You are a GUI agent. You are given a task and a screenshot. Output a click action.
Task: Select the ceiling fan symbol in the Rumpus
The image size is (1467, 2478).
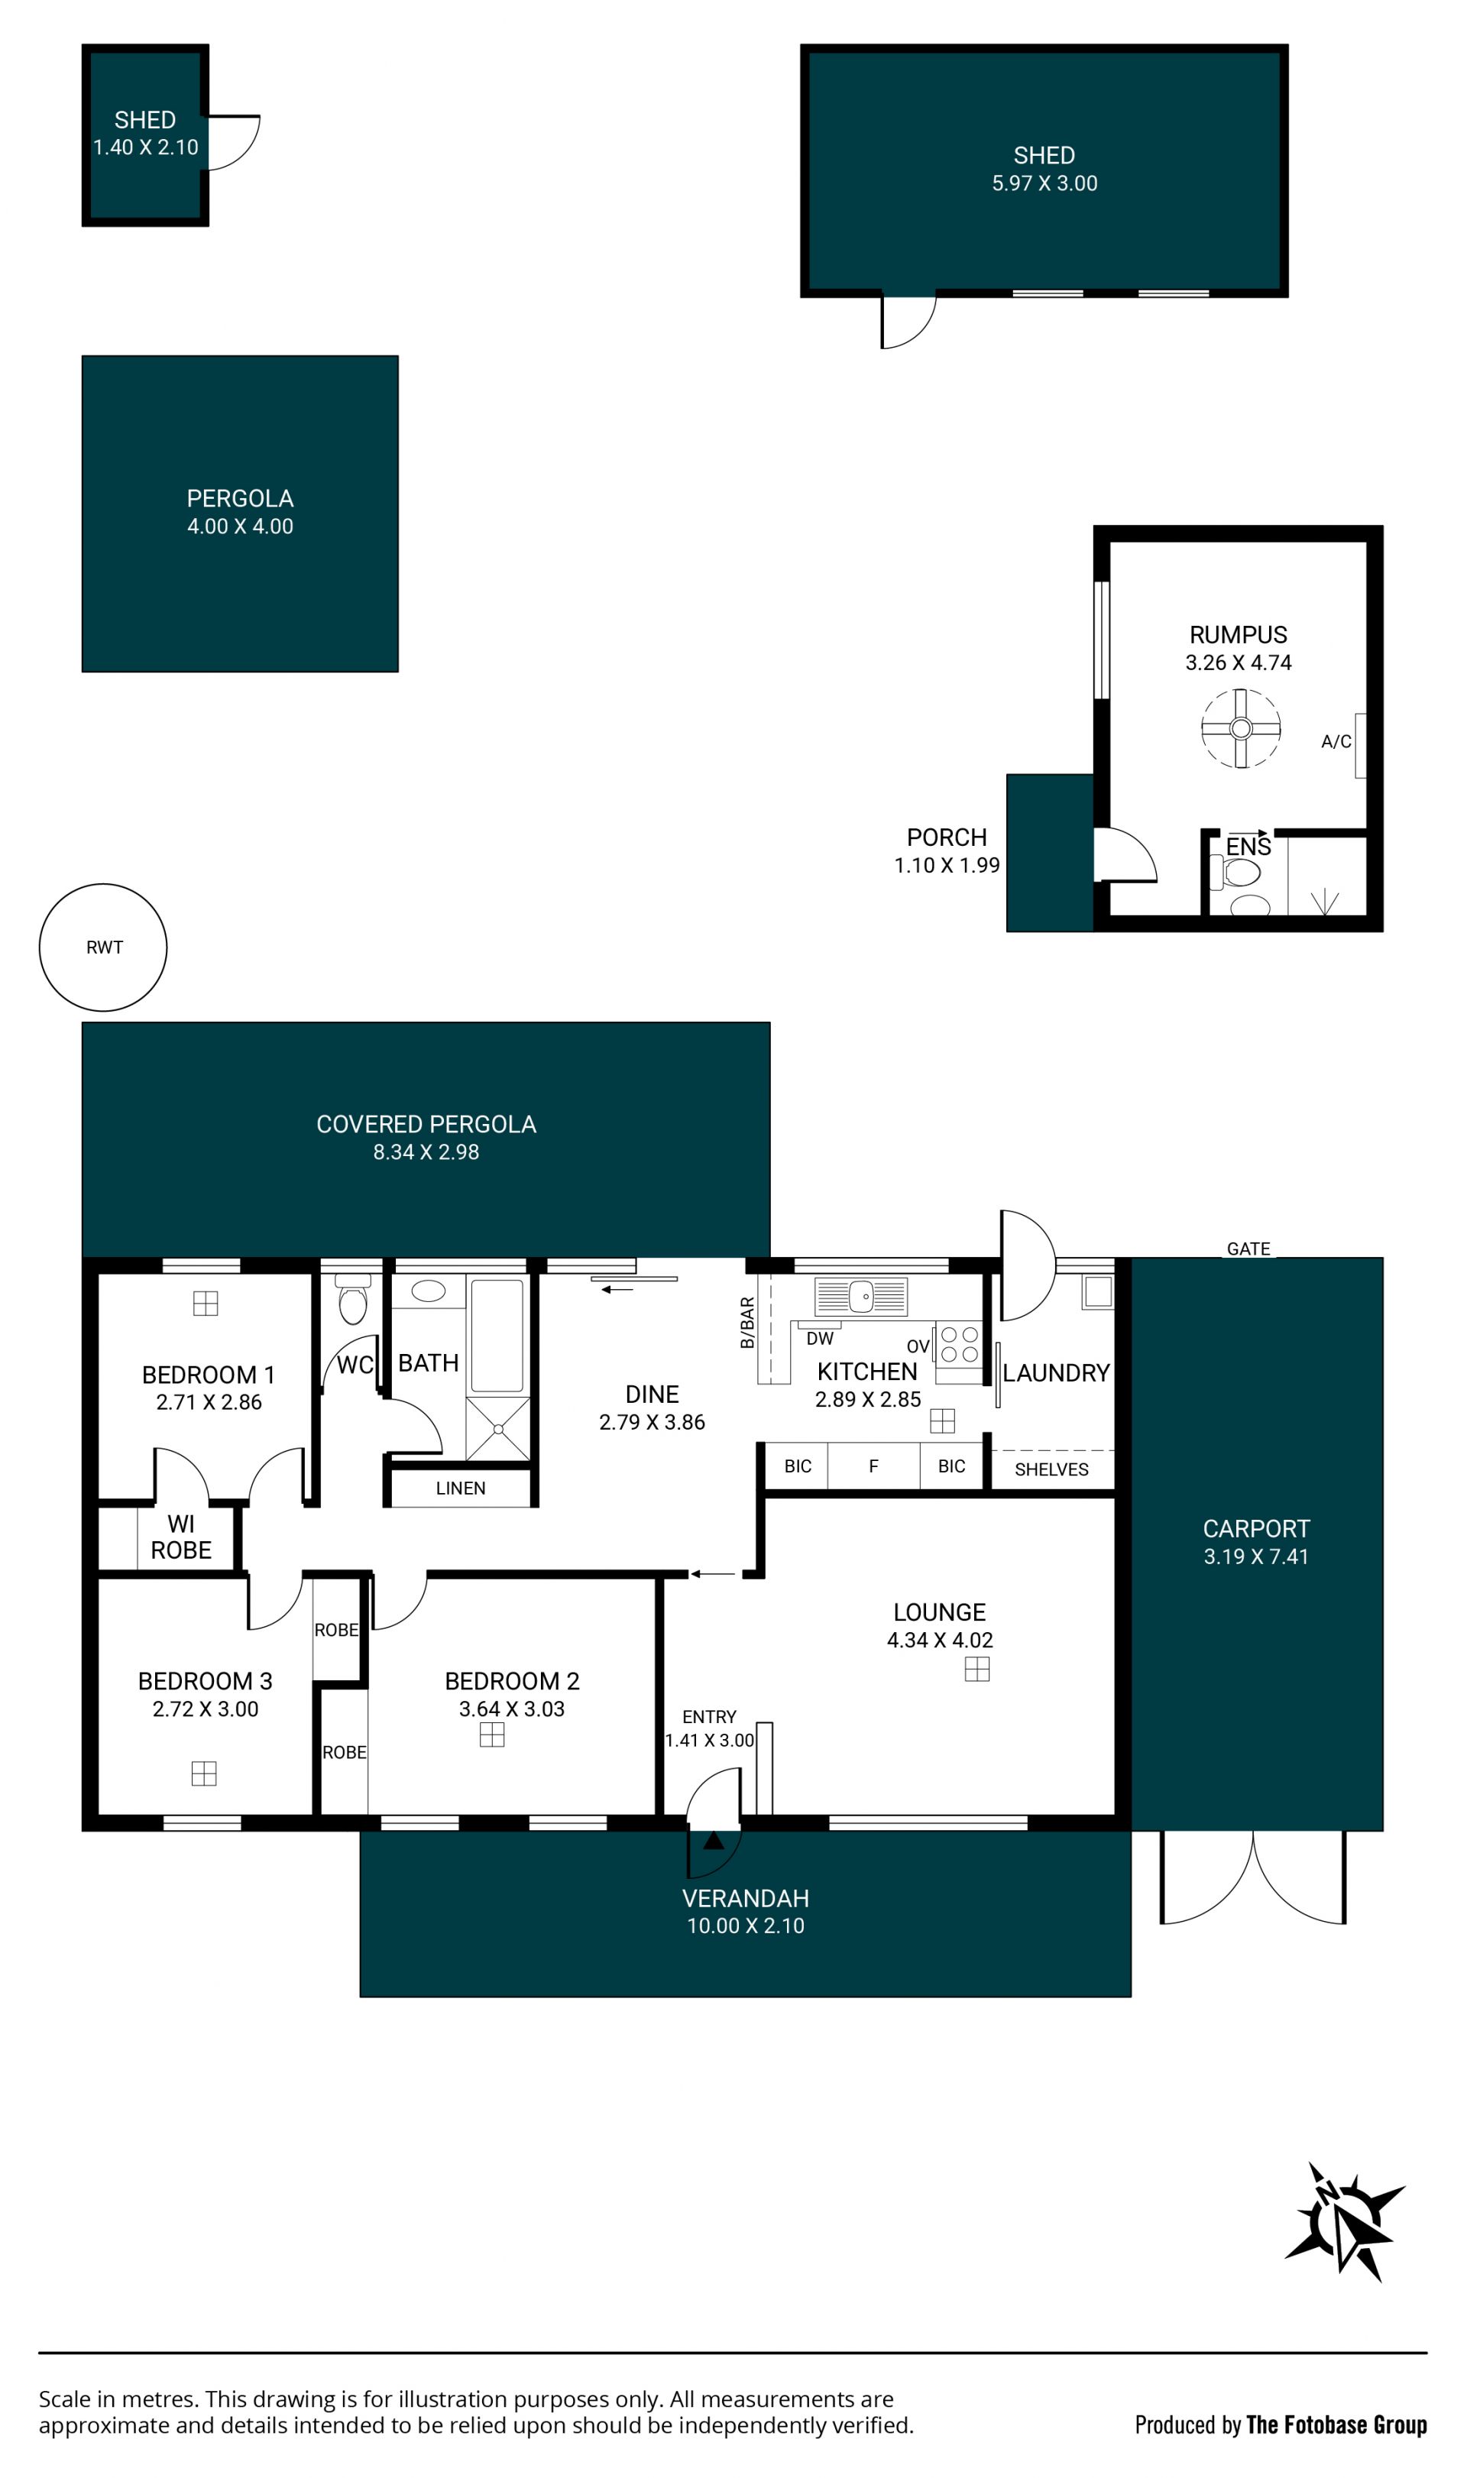(1241, 728)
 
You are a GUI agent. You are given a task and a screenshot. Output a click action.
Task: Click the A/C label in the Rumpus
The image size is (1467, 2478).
(1336, 741)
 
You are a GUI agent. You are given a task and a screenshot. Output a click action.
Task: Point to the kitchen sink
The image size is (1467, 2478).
(860, 1296)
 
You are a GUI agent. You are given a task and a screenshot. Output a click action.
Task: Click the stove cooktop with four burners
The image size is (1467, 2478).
(959, 1344)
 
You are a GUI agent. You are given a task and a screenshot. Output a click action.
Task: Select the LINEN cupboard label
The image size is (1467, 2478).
(461, 1488)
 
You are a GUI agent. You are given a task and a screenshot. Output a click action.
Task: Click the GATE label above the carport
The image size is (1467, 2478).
(1248, 1249)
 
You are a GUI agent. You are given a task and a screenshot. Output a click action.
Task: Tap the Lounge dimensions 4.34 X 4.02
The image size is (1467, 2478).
(939, 1639)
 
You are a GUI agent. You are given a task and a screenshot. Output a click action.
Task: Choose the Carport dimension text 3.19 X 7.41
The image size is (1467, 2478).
(1255, 1556)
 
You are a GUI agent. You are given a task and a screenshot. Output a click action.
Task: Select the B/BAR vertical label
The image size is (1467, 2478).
(747, 1323)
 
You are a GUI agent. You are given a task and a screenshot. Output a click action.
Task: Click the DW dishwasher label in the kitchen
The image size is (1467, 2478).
(820, 1339)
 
